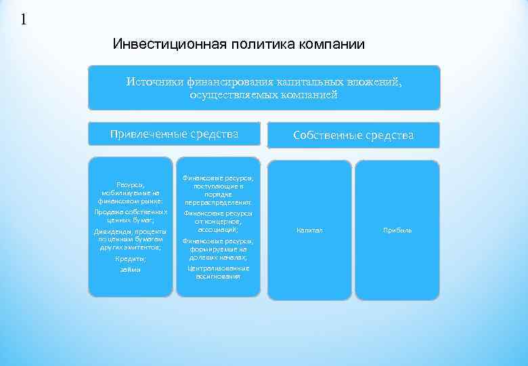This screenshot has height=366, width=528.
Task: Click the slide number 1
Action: tap(24, 19)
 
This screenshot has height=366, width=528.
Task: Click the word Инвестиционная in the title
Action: tap(160, 45)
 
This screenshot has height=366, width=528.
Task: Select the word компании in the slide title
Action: tap(328, 45)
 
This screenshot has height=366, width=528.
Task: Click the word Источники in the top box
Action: tap(152, 82)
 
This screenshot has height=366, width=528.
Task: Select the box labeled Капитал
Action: tap(310, 230)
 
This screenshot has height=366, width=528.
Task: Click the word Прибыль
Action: tap(397, 230)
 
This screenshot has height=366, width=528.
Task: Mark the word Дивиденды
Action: tap(112, 232)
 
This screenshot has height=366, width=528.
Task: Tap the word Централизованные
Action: tap(218, 268)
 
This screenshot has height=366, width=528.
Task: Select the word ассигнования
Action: tap(218, 277)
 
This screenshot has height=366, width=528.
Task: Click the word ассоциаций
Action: tap(218, 230)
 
